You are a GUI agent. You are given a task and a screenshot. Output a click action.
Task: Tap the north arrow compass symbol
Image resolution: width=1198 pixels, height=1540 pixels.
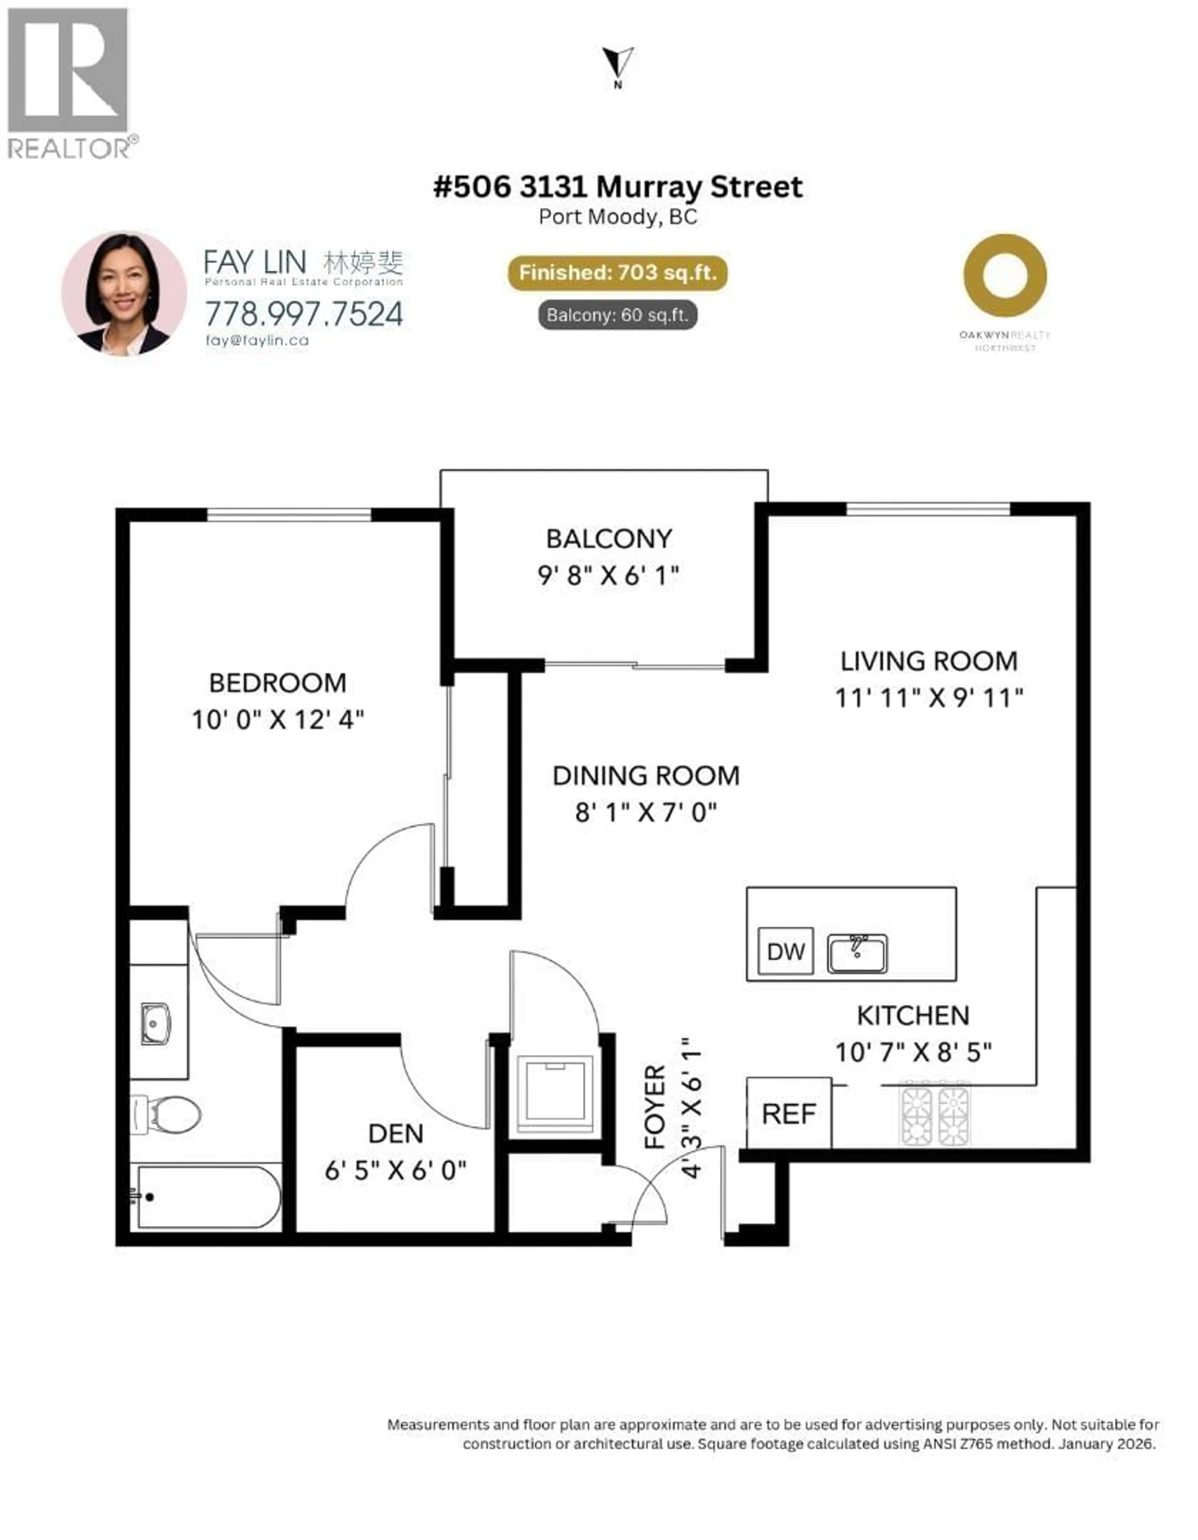[x=618, y=65]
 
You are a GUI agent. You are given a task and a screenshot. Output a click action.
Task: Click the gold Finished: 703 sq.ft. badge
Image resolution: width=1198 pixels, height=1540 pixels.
[x=618, y=273]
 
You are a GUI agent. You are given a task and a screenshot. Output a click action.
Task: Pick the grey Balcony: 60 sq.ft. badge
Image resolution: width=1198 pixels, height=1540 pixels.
[x=618, y=315]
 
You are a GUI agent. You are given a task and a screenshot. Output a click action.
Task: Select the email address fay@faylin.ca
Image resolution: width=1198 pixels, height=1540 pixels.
[x=257, y=340]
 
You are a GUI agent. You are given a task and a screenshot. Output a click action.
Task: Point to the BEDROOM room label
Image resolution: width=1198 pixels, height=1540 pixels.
[x=278, y=683]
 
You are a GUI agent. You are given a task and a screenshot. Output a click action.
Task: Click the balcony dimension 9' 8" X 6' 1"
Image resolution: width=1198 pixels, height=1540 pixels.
[x=608, y=576]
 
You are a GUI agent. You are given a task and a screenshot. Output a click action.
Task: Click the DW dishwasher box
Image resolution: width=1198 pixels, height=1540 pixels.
[x=786, y=952]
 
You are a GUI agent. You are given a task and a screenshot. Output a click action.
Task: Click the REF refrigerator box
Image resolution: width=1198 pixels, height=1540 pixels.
[x=788, y=1114]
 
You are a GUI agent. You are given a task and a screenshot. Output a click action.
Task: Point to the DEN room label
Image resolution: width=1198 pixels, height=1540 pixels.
[x=396, y=1134]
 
